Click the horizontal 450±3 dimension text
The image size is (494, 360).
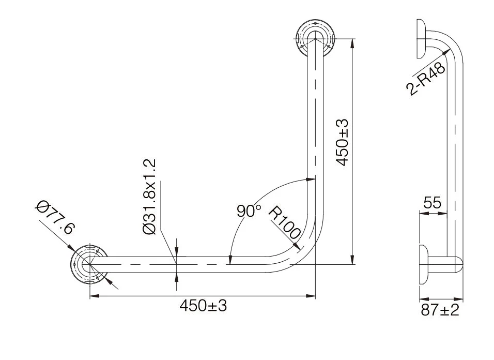[203, 306]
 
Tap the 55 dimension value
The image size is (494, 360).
[433, 203]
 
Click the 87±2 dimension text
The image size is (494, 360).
[440, 310]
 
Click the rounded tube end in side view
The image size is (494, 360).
[458, 264]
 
